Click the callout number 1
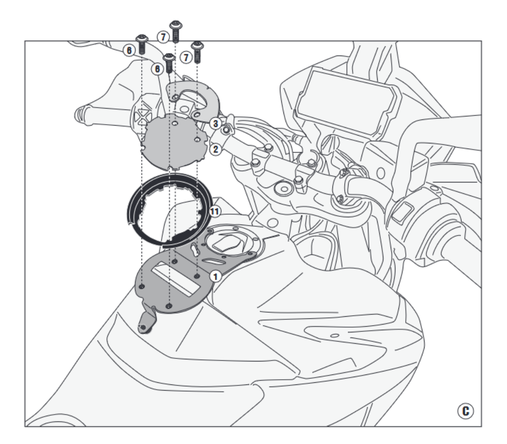click(x=215, y=276)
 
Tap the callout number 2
click(x=215, y=149)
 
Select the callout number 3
click(x=215, y=123)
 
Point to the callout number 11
click(x=215, y=212)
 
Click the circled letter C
click(x=465, y=411)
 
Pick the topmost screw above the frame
click(x=175, y=31)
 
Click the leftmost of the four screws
click(x=142, y=44)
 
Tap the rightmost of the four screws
click(x=197, y=52)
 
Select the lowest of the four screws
click(x=169, y=63)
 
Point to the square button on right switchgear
click(x=402, y=212)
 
